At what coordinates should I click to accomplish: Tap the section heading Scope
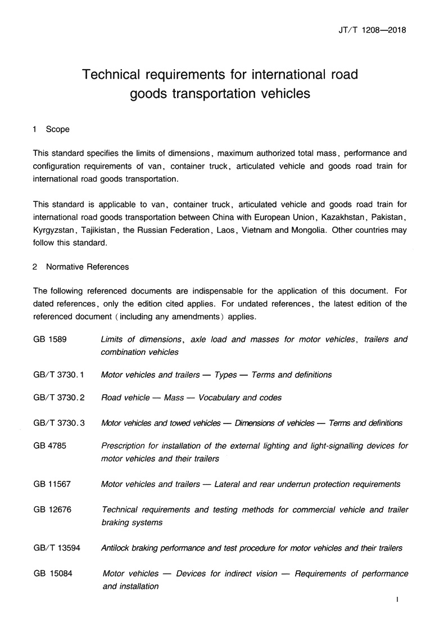(x=58, y=129)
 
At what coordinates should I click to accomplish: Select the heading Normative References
(x=87, y=267)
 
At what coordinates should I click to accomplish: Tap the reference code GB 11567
(x=52, y=484)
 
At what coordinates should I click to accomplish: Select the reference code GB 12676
(x=52, y=510)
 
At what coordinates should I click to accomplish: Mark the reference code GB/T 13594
(x=57, y=548)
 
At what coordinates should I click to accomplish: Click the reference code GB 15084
(x=52, y=574)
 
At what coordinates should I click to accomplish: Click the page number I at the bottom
(x=397, y=601)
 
